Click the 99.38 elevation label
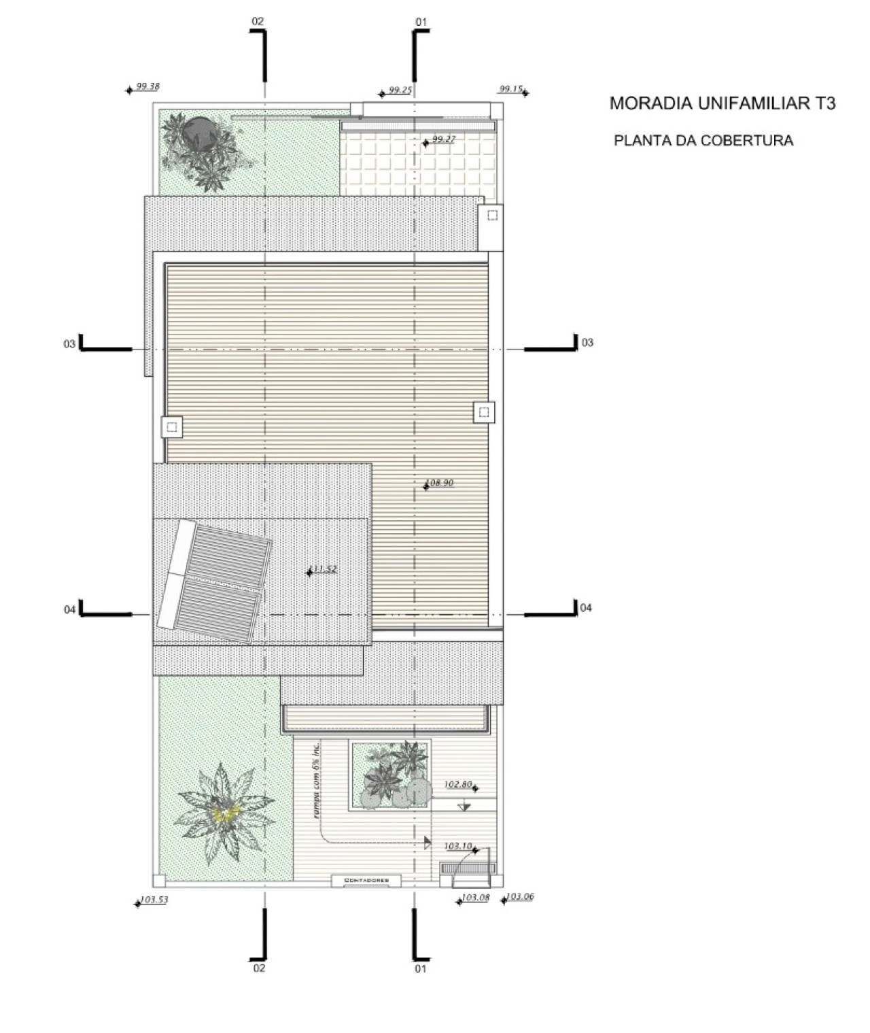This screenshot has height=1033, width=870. tap(147, 86)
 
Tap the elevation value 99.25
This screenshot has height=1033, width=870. tap(400, 90)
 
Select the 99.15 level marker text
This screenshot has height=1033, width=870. tap(510, 89)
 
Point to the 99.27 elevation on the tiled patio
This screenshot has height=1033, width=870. tap(443, 139)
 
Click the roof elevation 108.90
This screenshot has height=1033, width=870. tap(440, 483)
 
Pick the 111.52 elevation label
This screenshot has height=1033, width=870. tap(324, 569)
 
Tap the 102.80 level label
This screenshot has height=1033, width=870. tap(457, 784)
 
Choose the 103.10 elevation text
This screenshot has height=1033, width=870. tap(457, 846)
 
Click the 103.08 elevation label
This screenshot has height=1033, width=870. tap(475, 898)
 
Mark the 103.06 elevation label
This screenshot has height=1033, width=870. tap(520, 896)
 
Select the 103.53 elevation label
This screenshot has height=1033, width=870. tap(154, 900)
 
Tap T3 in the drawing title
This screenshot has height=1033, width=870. tap(822, 103)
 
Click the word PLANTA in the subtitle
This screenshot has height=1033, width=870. tap(639, 141)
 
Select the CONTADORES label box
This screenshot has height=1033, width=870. tap(366, 881)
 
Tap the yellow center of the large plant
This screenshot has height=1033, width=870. tap(225, 813)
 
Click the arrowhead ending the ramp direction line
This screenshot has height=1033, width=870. tap(427, 843)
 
